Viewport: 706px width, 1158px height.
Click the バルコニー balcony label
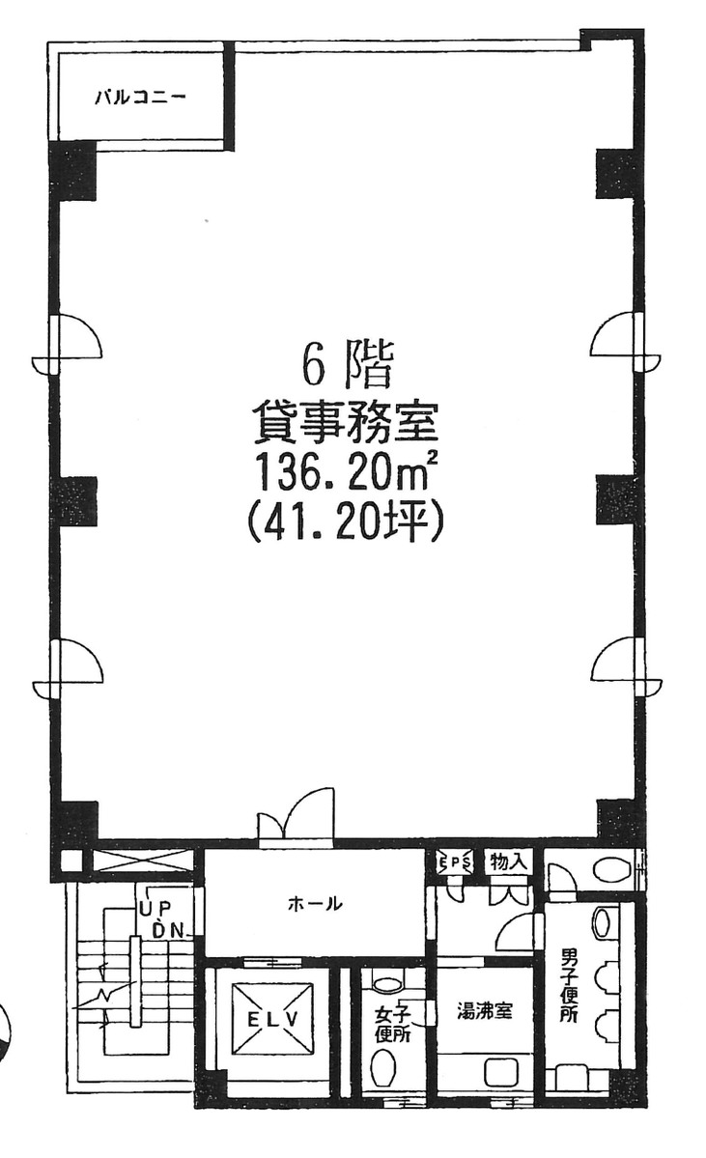(140, 97)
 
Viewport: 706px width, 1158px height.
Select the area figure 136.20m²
(345, 470)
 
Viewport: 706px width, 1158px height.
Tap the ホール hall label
(314, 902)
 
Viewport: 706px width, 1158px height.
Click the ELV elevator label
(272, 1021)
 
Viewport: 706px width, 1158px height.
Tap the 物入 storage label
(510, 861)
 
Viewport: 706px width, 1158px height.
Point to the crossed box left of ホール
(140, 861)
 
